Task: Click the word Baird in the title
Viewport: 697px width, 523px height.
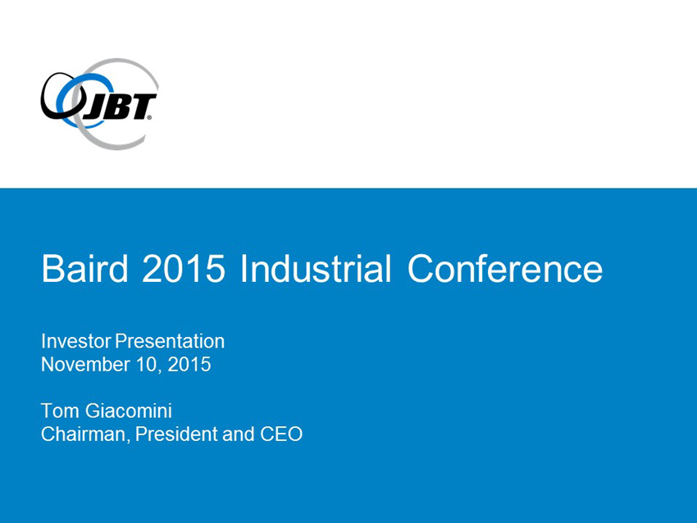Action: [85, 268]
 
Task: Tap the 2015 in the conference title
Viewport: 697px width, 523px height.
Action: [184, 268]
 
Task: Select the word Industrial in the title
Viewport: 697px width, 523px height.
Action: [316, 268]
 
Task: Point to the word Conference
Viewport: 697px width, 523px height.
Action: [505, 268]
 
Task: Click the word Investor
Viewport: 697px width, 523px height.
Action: [76, 341]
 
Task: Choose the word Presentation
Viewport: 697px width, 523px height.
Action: [170, 341]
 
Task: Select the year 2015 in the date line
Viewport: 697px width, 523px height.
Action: [189, 364]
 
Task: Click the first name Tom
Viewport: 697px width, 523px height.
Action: [60, 411]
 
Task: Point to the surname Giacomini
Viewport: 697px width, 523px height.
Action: [129, 411]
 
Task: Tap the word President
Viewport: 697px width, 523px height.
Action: [176, 434]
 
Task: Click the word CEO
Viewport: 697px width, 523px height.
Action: [281, 434]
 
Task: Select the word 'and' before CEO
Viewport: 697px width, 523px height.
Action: [239, 434]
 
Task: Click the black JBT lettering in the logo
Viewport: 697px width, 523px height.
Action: [119, 107]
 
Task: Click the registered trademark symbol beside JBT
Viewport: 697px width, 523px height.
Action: [149, 118]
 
